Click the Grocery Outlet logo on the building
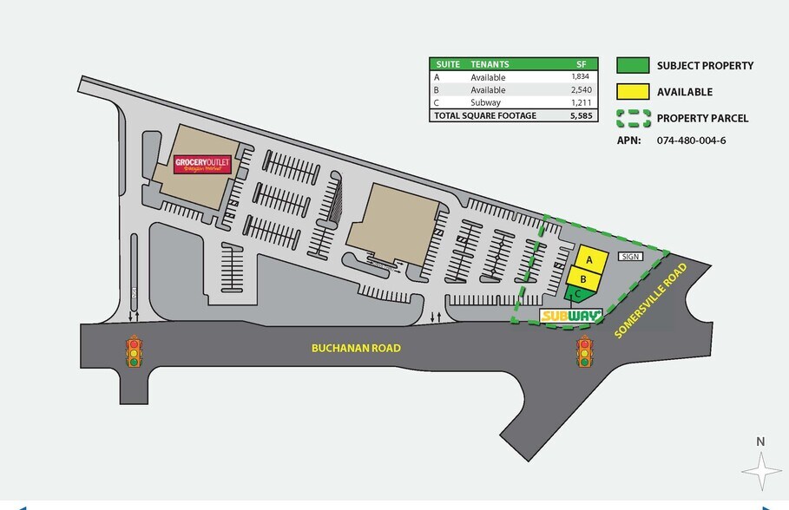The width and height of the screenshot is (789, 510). click(x=203, y=164)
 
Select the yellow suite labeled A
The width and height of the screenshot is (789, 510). click(x=589, y=260)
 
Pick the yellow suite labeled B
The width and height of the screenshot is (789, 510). click(x=583, y=278)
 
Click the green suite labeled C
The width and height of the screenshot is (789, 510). click(x=576, y=294)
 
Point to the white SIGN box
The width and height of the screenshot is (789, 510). click(x=630, y=257)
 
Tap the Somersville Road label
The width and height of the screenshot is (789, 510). click(x=650, y=299)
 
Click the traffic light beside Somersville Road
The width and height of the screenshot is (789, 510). click(x=585, y=354)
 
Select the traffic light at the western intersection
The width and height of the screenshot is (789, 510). click(x=134, y=352)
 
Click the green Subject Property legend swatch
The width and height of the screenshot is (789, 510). click(x=633, y=65)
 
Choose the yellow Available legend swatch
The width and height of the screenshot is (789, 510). click(x=633, y=91)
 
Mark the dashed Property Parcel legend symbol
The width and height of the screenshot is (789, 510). click(x=633, y=118)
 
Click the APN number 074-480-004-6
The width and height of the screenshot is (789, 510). click(x=693, y=140)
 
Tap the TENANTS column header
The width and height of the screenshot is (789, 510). click(x=490, y=64)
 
